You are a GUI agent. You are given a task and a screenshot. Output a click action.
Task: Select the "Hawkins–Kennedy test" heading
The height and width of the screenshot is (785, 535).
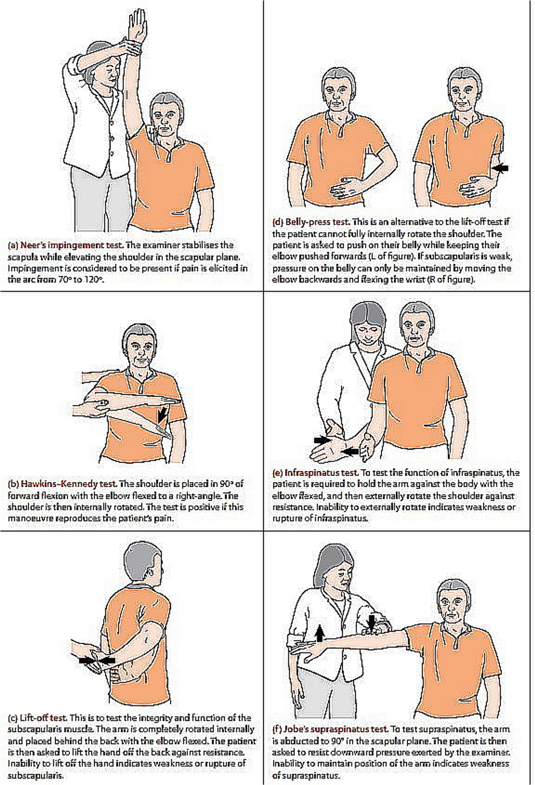click(69, 484)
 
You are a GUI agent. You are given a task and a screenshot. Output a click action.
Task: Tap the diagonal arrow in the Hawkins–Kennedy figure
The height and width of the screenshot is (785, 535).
click(162, 414)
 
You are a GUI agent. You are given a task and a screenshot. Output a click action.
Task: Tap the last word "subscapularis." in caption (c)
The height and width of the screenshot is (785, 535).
click(35, 775)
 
